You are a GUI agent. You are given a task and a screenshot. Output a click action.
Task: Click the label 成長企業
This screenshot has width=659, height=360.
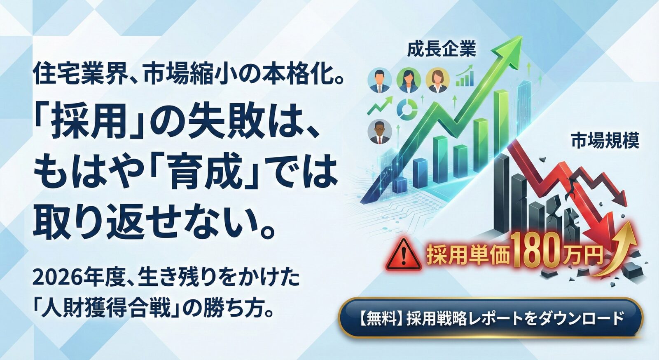(441, 49)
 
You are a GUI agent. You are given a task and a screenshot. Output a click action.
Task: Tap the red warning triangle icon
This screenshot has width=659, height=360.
(404, 255)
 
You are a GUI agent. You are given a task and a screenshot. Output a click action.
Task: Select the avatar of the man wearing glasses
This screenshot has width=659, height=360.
(380, 132)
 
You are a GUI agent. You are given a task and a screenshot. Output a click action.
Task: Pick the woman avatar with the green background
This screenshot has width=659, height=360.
(409, 80)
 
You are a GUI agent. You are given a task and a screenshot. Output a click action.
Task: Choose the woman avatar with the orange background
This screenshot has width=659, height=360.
(438, 80)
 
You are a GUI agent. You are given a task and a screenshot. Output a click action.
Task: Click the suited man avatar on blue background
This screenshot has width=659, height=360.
(380, 80)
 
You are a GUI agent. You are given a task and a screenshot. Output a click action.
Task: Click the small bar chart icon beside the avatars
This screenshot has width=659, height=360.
(465, 77)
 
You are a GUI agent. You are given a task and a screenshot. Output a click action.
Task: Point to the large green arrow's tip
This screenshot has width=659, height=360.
(522, 36)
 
